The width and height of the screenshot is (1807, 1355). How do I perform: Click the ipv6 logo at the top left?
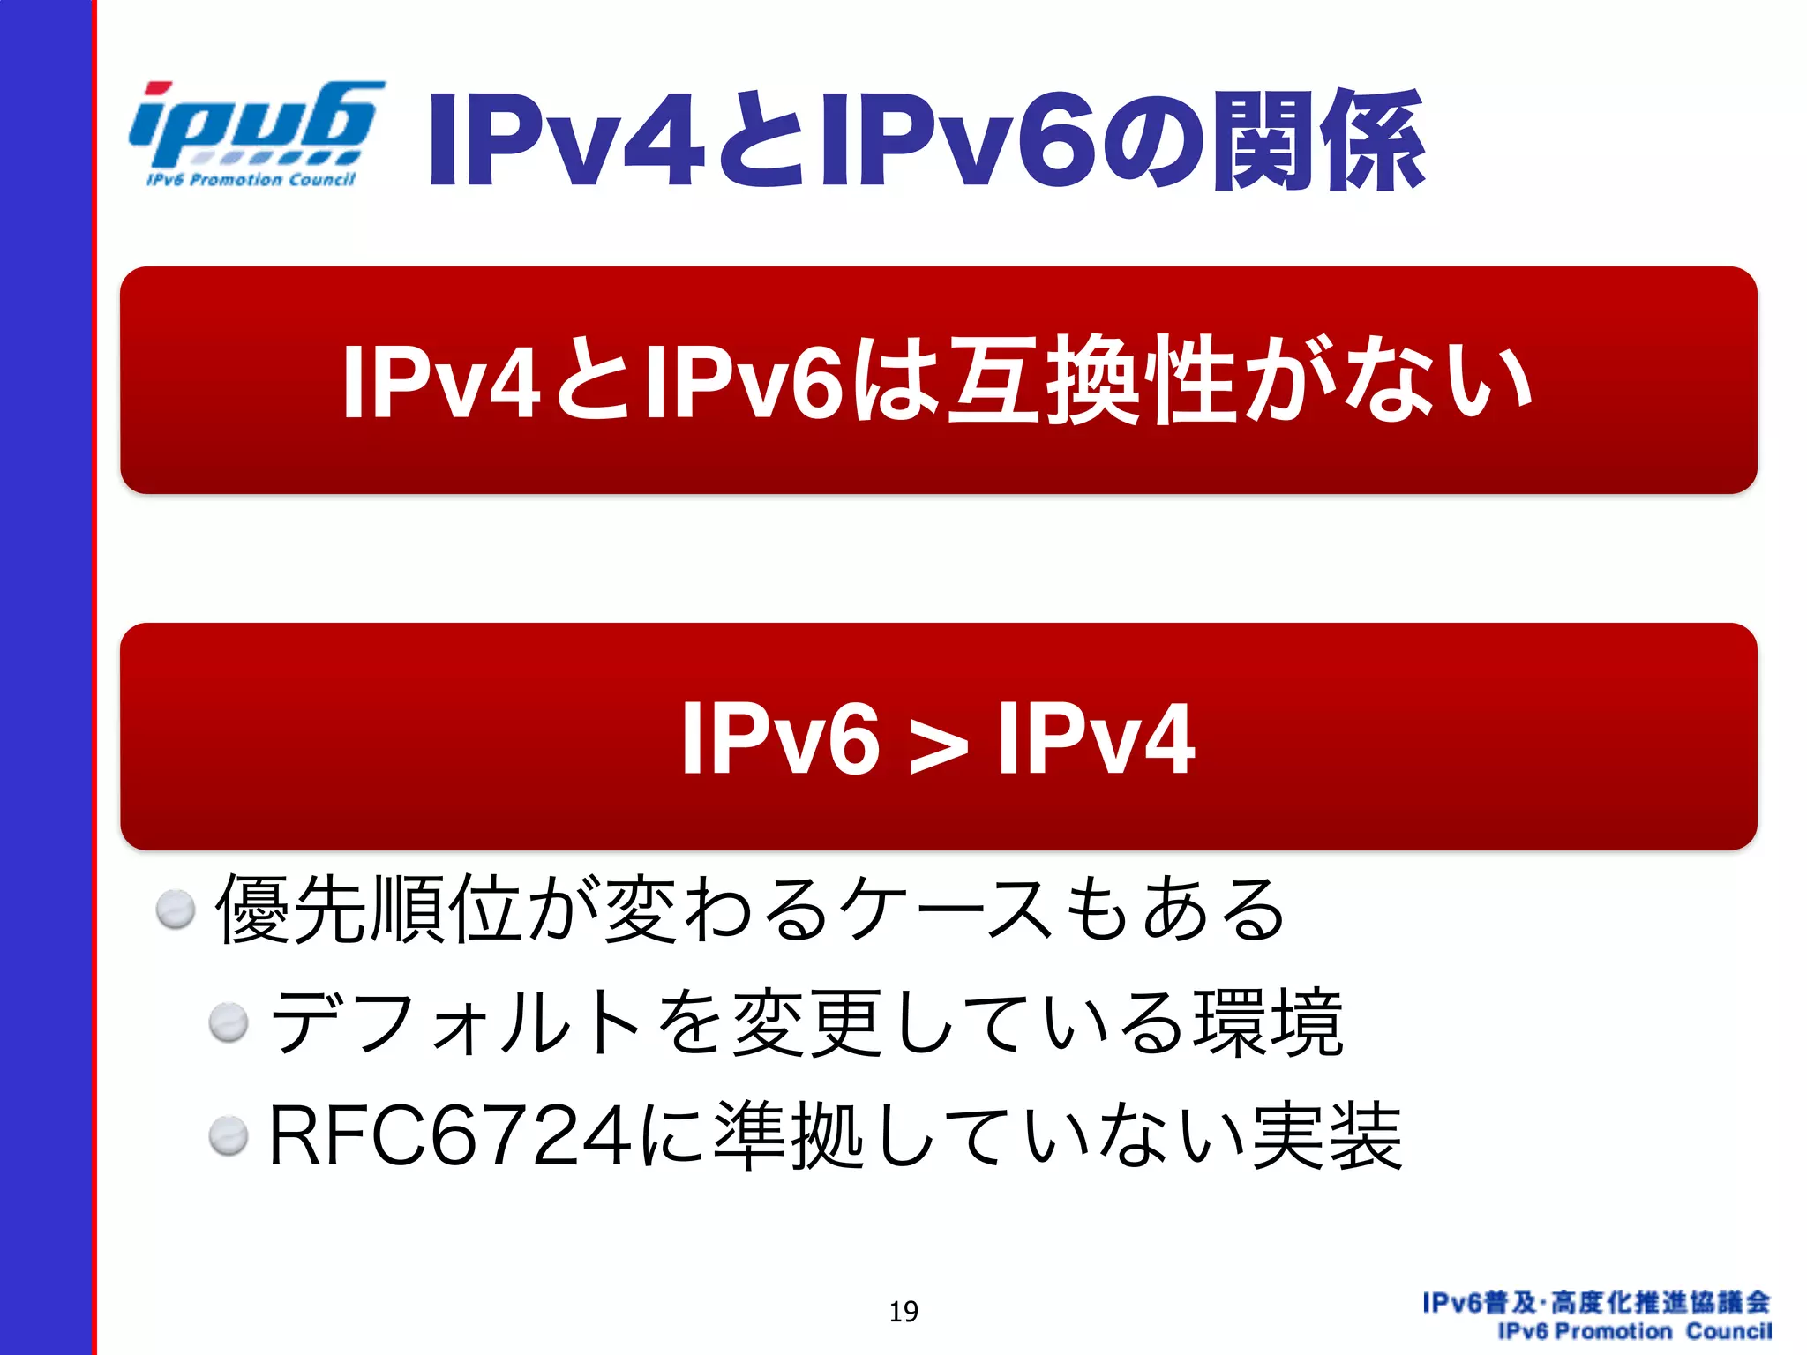click(x=254, y=124)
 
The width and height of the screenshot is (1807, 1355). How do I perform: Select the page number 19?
click(x=903, y=1312)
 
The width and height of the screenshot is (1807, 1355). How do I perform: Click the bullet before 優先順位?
click(x=176, y=909)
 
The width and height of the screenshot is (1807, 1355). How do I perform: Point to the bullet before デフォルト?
click(x=229, y=1023)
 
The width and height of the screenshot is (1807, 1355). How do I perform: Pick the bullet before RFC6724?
click(x=229, y=1135)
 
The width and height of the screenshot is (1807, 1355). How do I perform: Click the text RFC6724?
click(x=450, y=1136)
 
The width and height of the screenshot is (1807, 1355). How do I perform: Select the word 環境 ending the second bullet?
click(x=1268, y=1023)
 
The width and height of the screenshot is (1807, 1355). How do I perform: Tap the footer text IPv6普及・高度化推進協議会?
click(x=1596, y=1302)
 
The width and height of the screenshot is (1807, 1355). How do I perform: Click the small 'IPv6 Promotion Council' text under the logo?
click(x=251, y=180)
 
